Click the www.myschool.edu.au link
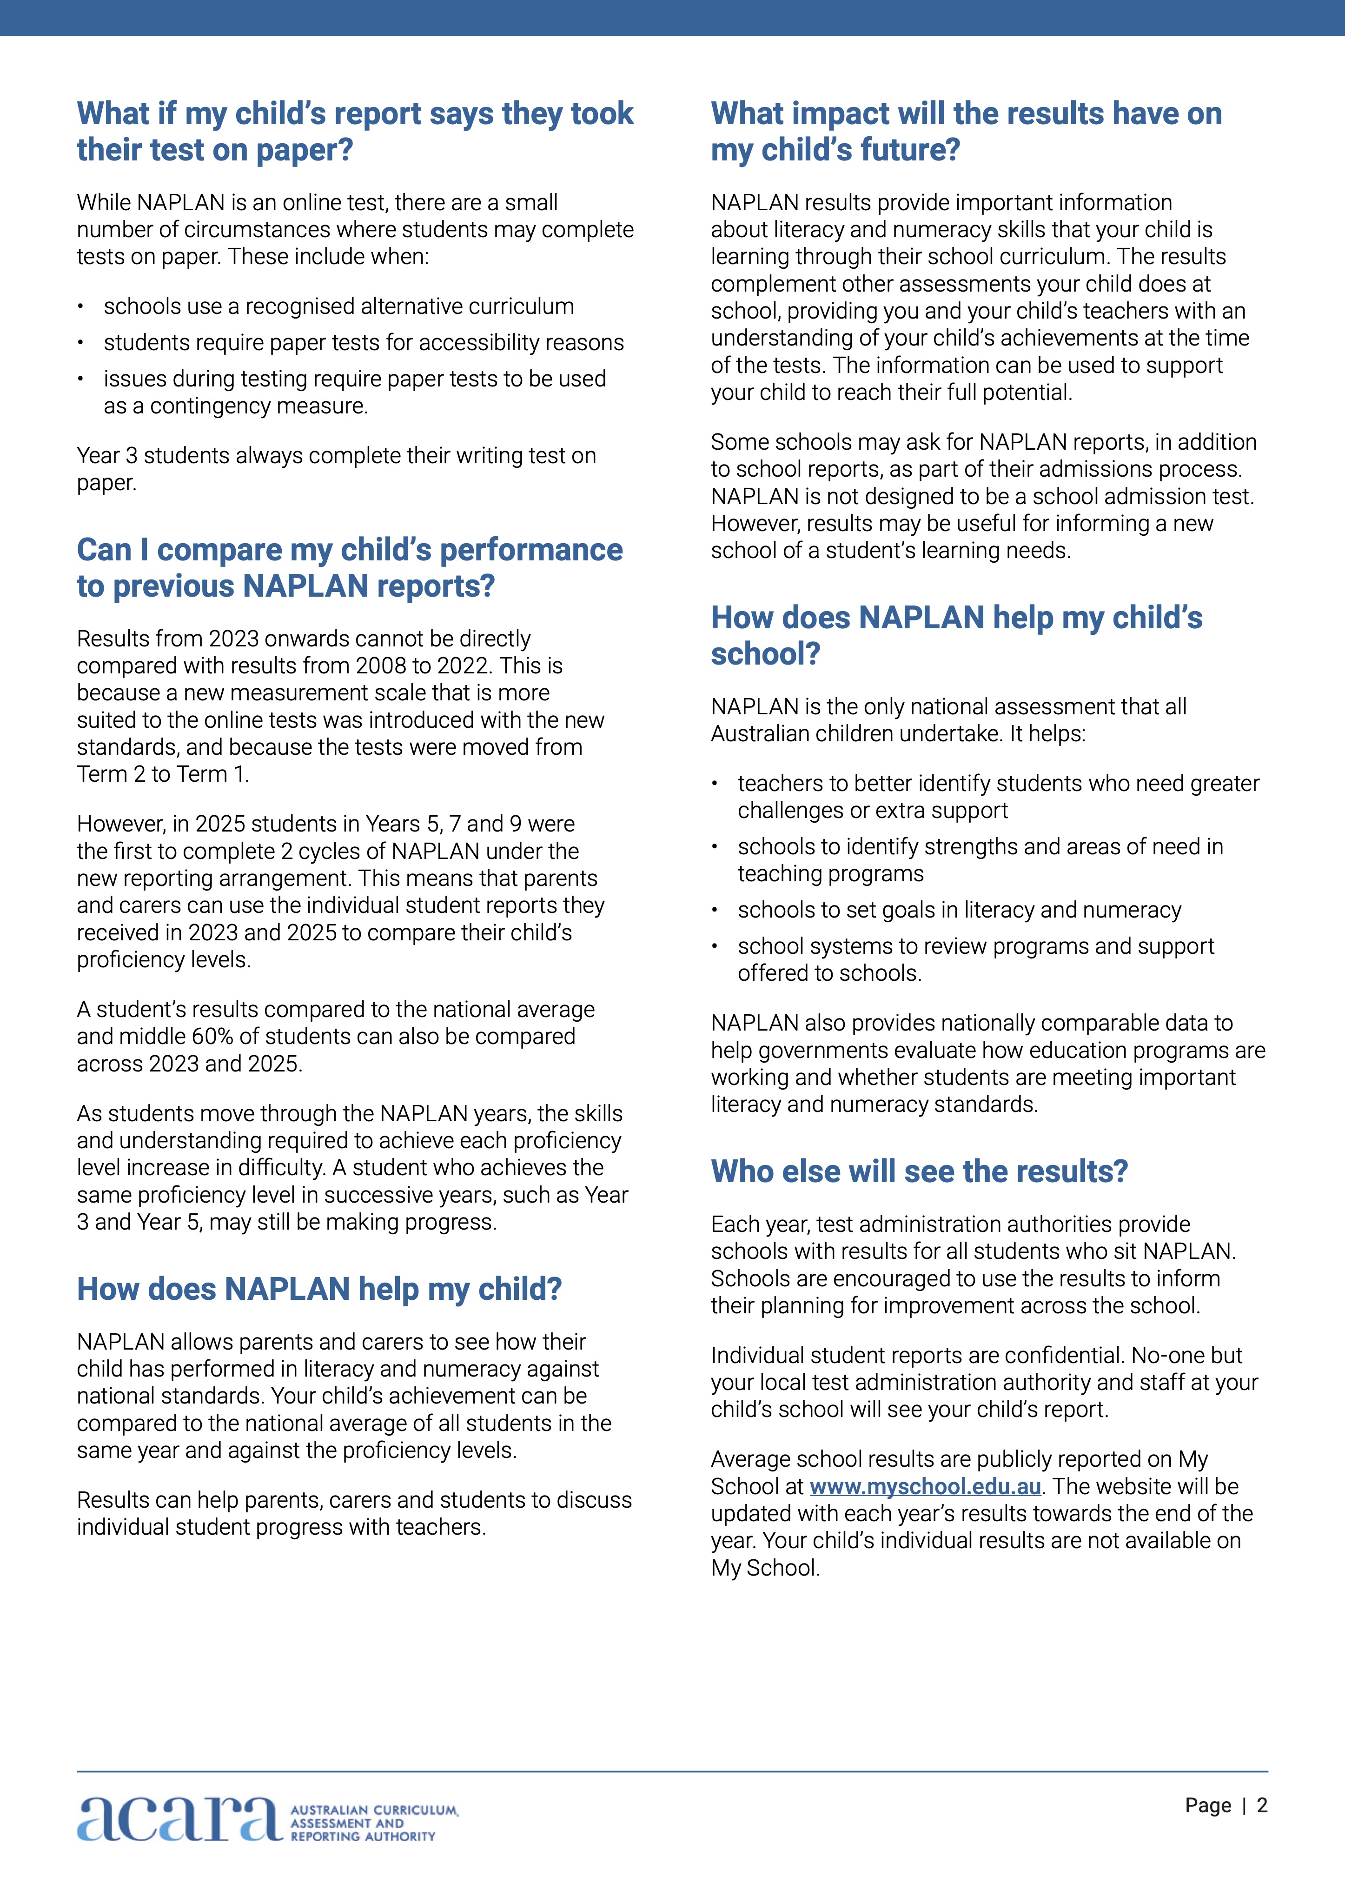pyautogui.click(x=925, y=1487)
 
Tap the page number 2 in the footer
pyautogui.click(x=1261, y=1805)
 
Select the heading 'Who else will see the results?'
pyautogui.click(x=919, y=1171)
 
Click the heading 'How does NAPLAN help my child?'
pyautogui.click(x=319, y=1289)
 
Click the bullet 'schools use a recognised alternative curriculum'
pyautogui.click(x=338, y=306)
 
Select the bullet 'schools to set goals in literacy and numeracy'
pyautogui.click(x=959, y=910)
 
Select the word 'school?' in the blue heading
pyautogui.click(x=765, y=654)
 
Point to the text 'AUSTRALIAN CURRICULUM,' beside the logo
pyautogui.click(x=374, y=1810)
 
